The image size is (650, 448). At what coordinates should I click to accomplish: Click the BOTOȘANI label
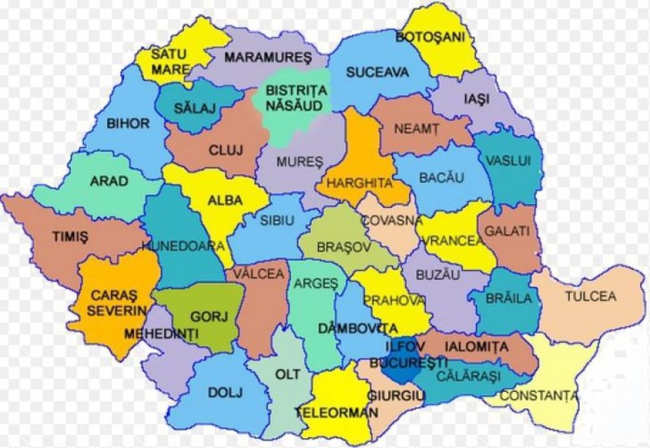tap(430, 37)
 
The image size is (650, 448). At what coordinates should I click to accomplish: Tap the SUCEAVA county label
tap(377, 72)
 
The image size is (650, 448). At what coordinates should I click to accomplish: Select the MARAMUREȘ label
tap(268, 57)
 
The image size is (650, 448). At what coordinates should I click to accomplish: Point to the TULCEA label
tap(590, 296)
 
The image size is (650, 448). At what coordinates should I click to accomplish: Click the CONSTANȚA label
tap(539, 395)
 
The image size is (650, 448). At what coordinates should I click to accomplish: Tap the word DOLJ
tap(225, 393)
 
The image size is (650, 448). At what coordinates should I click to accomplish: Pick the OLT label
tap(287, 374)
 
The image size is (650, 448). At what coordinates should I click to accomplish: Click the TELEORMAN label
tap(337, 412)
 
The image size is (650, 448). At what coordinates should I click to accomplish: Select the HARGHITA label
tap(359, 183)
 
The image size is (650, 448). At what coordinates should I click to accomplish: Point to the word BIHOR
tap(128, 123)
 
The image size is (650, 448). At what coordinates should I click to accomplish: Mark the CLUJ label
tap(226, 150)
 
